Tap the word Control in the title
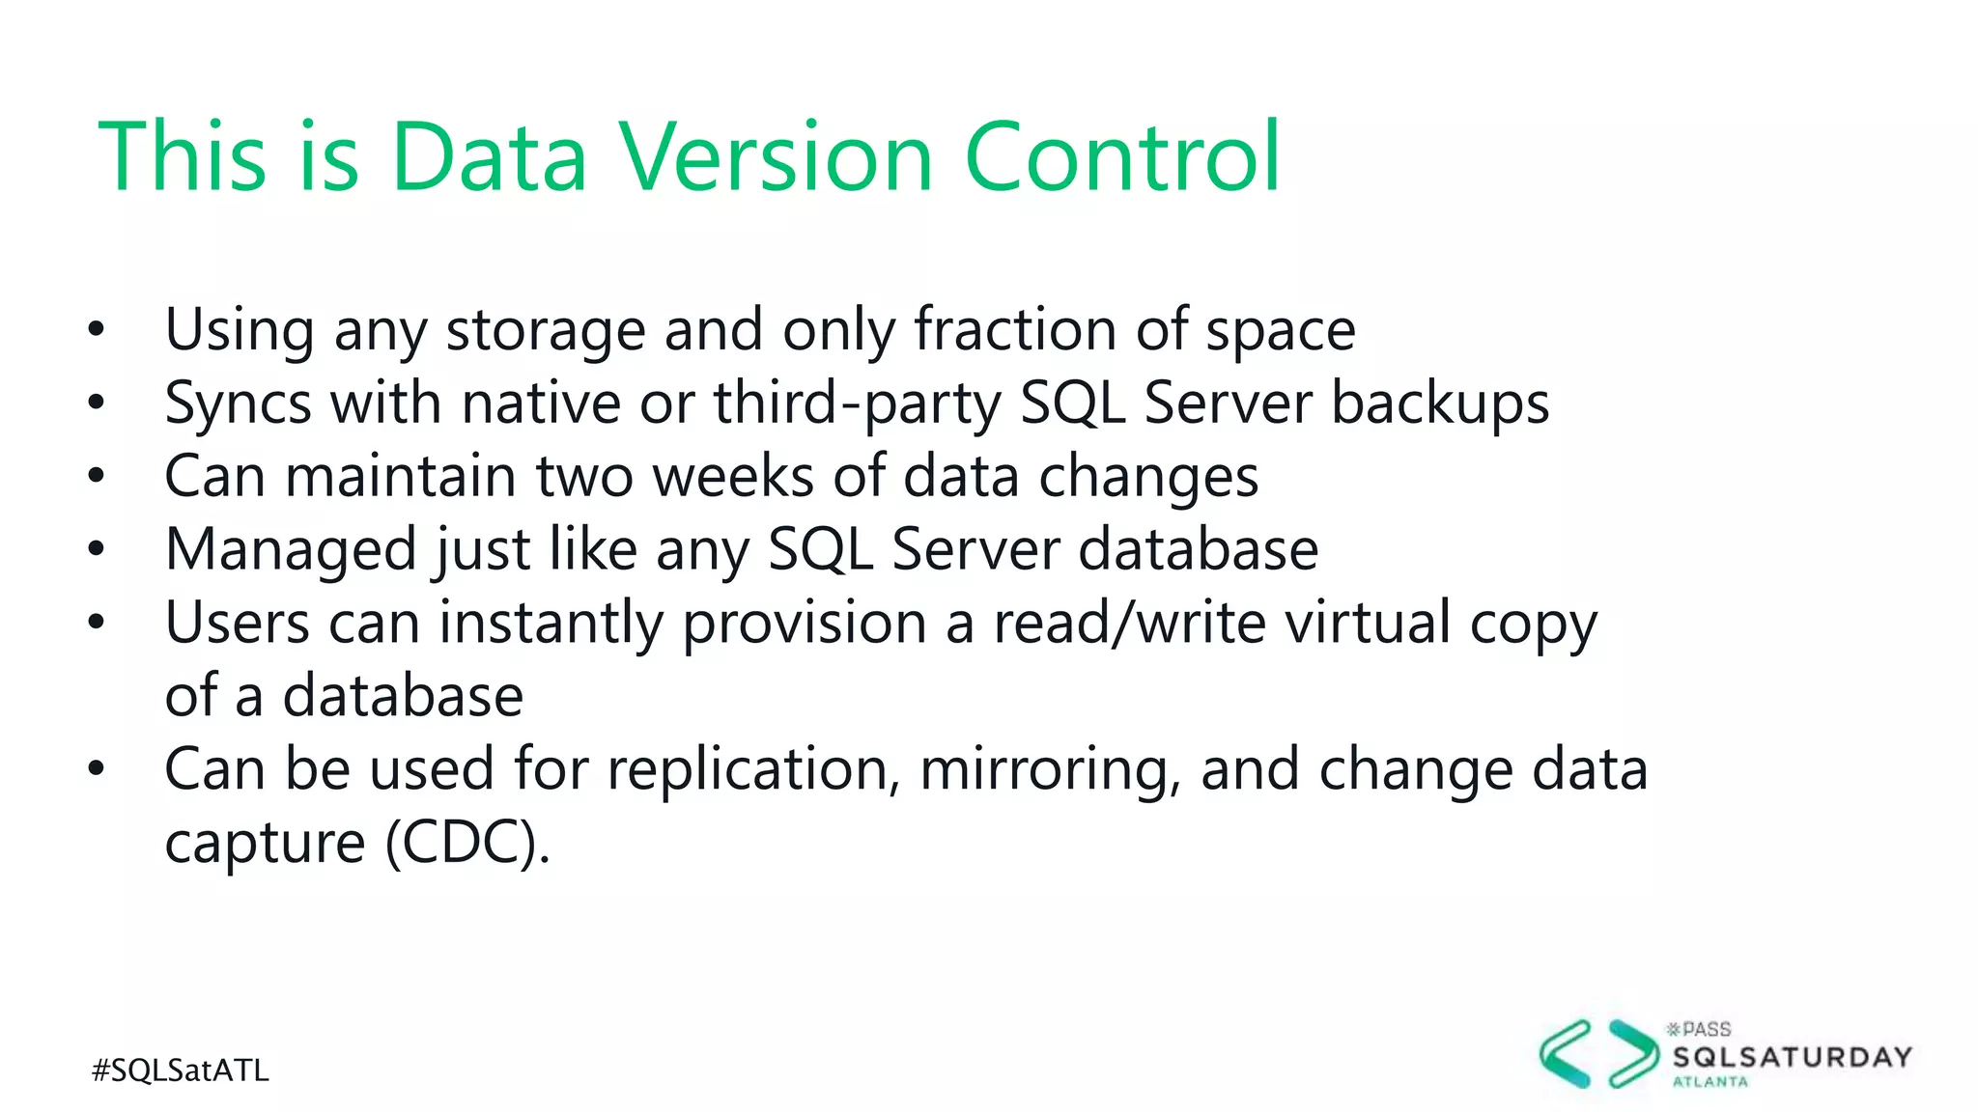pyautogui.click(x=1121, y=156)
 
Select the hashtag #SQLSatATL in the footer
pyautogui.click(x=181, y=1070)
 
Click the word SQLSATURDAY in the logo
pyautogui.click(x=1793, y=1058)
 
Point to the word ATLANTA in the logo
pyautogui.click(x=1710, y=1082)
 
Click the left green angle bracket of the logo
pyautogui.click(x=1565, y=1053)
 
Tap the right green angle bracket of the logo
pyautogui.click(x=1633, y=1053)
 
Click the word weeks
pyautogui.click(x=733, y=477)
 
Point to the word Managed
pyautogui.click(x=290, y=551)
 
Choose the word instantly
pyautogui.click(x=551, y=624)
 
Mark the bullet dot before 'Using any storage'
pyautogui.click(x=96, y=331)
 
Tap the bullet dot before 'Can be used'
pyautogui.click(x=96, y=770)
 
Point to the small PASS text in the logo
pyautogui.click(x=1706, y=1029)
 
